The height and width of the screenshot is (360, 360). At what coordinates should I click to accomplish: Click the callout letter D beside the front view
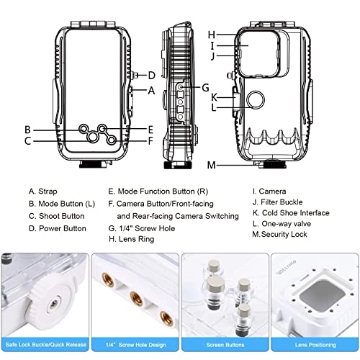tap(151, 76)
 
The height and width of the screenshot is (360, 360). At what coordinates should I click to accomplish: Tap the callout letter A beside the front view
tap(151, 91)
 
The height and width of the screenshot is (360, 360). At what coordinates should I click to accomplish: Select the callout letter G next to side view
tap(205, 88)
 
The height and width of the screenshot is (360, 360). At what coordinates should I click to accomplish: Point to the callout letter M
tap(211, 166)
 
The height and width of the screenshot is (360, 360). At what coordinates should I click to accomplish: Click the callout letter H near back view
tap(212, 34)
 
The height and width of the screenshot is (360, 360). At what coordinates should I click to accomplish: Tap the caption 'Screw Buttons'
tap(224, 346)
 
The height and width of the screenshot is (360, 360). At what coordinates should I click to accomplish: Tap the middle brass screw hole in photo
tap(134, 296)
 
